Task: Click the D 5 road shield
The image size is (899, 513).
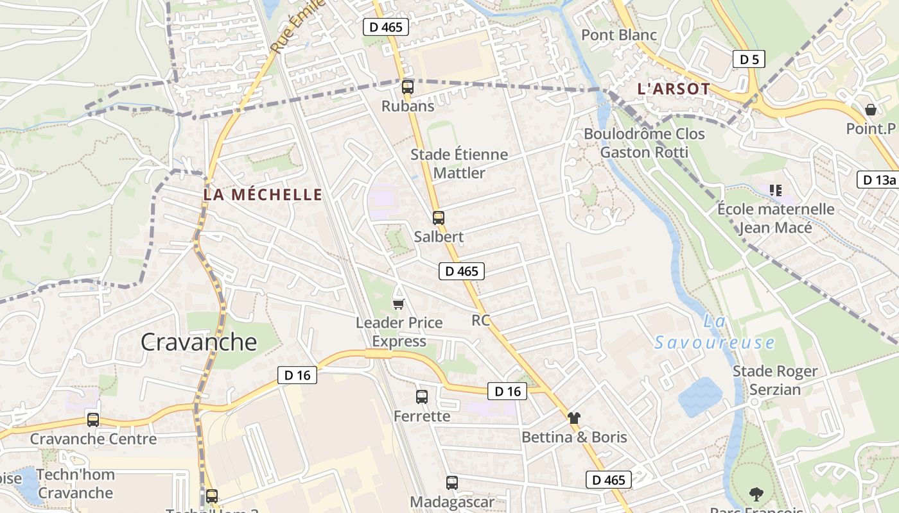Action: [749, 60]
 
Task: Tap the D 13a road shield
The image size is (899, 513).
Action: [878, 180]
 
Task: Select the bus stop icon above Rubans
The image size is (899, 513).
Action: [407, 87]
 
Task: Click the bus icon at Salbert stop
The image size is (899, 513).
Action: [439, 217]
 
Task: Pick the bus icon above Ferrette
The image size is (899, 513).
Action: [422, 397]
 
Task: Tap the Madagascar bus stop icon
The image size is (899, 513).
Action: [452, 483]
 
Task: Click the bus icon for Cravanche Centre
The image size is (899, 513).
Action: [93, 420]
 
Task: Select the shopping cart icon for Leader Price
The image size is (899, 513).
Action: [399, 303]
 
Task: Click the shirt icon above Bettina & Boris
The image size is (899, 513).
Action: [574, 418]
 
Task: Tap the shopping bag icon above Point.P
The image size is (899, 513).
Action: [871, 110]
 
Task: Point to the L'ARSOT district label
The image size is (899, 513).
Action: [674, 89]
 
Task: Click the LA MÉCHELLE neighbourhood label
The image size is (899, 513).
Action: [263, 194]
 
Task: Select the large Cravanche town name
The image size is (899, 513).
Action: [198, 342]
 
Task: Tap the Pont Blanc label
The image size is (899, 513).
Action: [619, 35]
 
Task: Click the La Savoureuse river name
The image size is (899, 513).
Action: [715, 333]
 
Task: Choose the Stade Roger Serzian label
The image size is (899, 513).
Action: [775, 380]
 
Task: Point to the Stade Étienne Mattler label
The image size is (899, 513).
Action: [459, 164]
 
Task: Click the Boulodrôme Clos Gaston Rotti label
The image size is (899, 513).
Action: [644, 143]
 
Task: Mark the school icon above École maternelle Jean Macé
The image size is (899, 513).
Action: [776, 190]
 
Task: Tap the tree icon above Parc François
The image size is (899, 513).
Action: [756, 494]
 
